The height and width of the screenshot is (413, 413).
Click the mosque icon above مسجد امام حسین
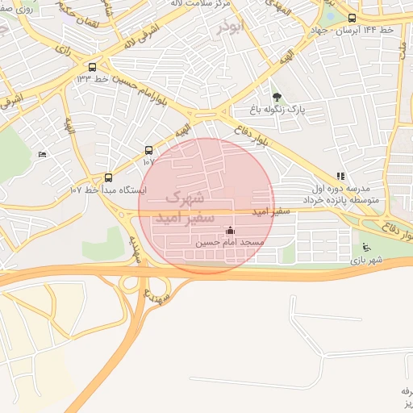pyautogui.click(x=231, y=231)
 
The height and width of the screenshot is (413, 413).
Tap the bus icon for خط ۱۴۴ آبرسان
pyautogui.click(x=352, y=18)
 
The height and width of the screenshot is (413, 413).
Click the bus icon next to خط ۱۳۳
pyautogui.click(x=93, y=68)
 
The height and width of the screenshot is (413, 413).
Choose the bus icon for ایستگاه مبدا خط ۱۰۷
pyautogui.click(x=109, y=178)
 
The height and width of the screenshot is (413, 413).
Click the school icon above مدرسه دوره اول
pyautogui.click(x=340, y=176)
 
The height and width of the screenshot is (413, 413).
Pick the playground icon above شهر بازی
pyautogui.click(x=366, y=248)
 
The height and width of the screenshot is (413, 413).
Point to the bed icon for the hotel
pyautogui.click(x=42, y=154)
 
